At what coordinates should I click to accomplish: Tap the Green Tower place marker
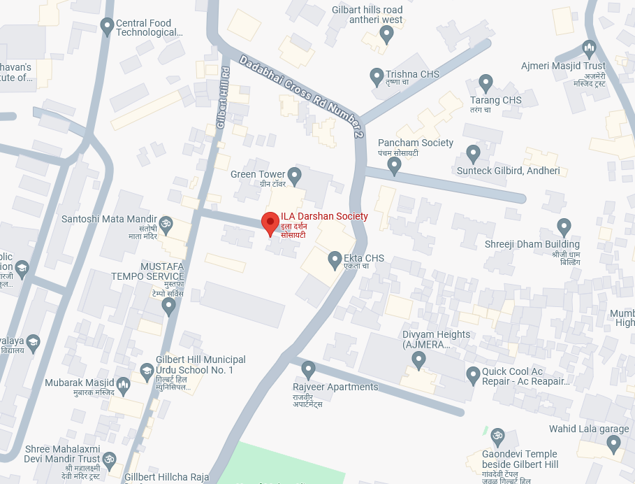[x=295, y=173]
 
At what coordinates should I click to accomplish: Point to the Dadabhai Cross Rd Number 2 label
[x=302, y=97]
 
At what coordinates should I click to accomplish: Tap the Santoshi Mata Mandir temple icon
[x=166, y=224]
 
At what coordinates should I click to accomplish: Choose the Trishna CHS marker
[x=377, y=74]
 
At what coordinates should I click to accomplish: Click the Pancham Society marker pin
[x=394, y=165]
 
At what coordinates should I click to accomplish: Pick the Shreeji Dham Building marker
[x=564, y=226]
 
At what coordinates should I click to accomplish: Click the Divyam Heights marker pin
[x=419, y=360]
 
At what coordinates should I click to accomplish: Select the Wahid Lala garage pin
[x=613, y=442]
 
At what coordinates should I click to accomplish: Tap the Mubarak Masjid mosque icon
[x=124, y=384]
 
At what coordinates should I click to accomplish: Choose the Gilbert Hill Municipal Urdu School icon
[x=147, y=370]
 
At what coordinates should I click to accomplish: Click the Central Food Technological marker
[x=107, y=27]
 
